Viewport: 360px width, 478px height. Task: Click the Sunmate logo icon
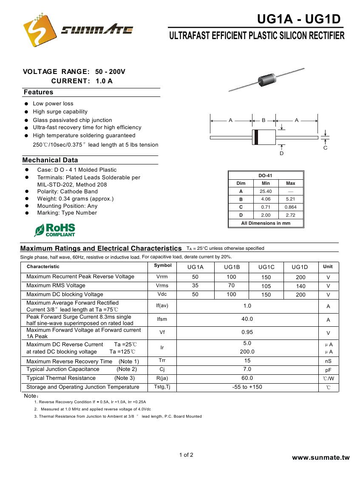click(x=40, y=30)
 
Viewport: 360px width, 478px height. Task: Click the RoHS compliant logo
click(x=54, y=230)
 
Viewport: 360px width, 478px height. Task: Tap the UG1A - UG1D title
click(x=299, y=19)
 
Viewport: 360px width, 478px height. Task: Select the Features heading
click(x=39, y=92)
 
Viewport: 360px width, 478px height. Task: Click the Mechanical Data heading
click(x=50, y=160)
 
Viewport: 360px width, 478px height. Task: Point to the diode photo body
click(x=266, y=79)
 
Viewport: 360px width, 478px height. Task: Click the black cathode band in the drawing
click(x=256, y=137)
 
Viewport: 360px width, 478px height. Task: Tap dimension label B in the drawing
click(x=264, y=121)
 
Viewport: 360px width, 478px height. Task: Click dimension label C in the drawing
click(x=325, y=148)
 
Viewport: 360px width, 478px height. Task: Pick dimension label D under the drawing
click(x=281, y=153)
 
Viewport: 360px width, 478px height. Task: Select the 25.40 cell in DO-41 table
click(x=266, y=191)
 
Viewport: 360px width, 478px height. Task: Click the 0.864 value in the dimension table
click(x=290, y=207)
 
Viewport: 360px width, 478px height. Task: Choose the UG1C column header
click(x=266, y=267)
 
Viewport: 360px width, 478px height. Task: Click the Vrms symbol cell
click(x=162, y=286)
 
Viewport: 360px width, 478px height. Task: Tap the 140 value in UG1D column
click(x=300, y=286)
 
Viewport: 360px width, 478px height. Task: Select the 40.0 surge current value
click(x=247, y=319)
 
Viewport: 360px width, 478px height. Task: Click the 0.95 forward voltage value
click(x=247, y=332)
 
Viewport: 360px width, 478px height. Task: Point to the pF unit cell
click(x=328, y=370)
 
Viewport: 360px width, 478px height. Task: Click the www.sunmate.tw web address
click(x=320, y=458)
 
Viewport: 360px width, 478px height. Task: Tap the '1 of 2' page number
click(x=186, y=455)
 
